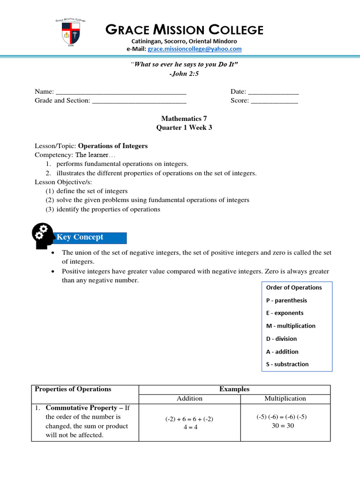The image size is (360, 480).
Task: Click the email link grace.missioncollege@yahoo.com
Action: coord(195,49)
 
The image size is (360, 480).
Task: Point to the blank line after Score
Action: coord(275,101)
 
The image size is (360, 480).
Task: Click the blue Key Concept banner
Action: coord(91,237)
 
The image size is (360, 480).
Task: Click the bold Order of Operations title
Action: coord(294,288)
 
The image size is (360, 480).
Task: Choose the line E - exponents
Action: coord(285,313)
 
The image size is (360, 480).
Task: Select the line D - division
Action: coord(281,339)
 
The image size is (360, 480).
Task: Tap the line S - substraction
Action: coord(287,364)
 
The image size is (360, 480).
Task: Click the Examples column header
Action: coord(234,389)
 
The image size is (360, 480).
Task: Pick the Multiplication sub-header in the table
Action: coord(285,398)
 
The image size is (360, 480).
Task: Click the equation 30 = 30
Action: coord(283,426)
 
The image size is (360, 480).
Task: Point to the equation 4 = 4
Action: coord(189,427)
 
